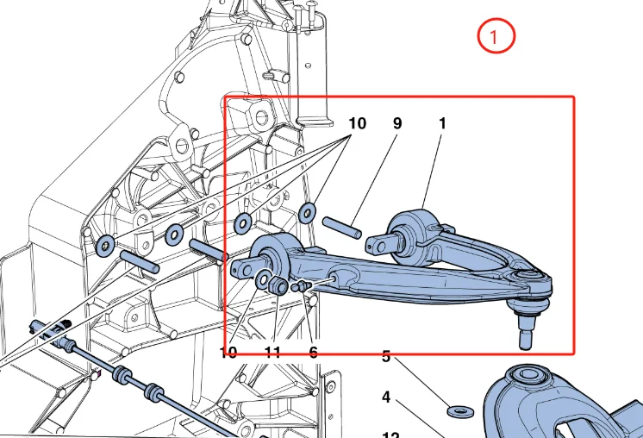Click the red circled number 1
496,37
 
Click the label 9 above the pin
397,123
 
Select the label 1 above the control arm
442,123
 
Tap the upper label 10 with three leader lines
357,123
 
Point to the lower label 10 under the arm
228,352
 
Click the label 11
272,352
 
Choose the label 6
313,352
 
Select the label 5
386,356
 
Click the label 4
386,397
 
